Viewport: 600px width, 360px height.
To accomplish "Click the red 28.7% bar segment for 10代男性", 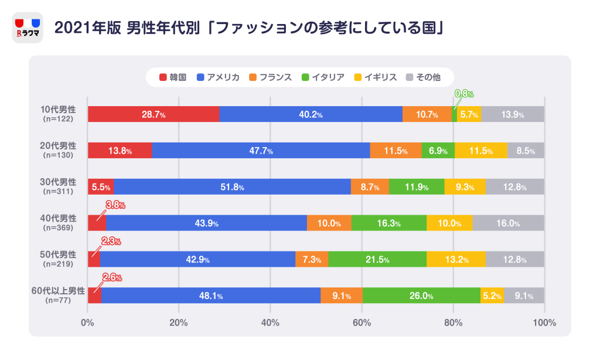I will coord(154,114).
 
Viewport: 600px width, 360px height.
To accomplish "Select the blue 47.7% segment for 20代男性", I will coord(261,151).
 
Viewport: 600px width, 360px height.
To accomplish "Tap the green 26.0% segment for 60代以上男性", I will coord(421,296).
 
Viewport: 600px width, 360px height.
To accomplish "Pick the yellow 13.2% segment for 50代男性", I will coord(456,260).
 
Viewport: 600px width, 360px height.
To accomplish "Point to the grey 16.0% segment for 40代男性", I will coord(508,223).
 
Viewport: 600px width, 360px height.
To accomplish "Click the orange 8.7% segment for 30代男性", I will coord(370,187).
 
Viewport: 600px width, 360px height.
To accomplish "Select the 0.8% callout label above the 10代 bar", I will coord(464,94).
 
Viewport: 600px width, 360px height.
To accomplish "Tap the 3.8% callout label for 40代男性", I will coord(115,205).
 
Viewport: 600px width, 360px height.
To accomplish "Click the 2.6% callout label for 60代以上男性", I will coord(111,278).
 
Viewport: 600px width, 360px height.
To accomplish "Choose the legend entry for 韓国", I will coord(173,77).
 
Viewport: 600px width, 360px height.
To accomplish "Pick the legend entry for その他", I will coord(422,77).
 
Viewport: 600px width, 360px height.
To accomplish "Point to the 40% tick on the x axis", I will coord(270,322).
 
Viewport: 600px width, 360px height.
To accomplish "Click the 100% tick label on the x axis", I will coord(544,322).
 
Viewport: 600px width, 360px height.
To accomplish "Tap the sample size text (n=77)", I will coord(59,300).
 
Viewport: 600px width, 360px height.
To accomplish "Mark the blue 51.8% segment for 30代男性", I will coord(232,187).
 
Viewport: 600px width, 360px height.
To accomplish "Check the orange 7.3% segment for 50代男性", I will coord(312,260).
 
